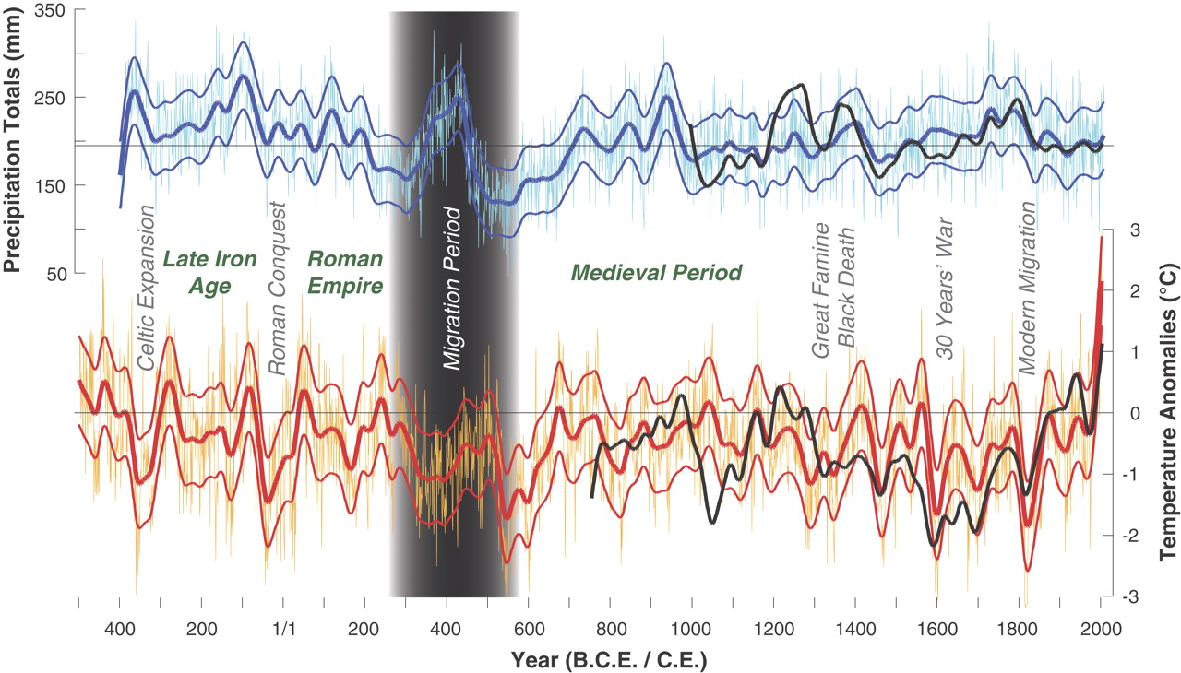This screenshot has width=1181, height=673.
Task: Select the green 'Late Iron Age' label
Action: [196, 272]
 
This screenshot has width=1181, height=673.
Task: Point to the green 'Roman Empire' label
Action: [345, 272]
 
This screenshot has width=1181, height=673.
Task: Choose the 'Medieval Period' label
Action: [656, 273]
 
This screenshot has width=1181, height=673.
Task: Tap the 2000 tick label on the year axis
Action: [1100, 631]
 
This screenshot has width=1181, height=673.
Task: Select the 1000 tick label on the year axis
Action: [691, 631]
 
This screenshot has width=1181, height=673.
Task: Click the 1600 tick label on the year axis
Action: [936, 631]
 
